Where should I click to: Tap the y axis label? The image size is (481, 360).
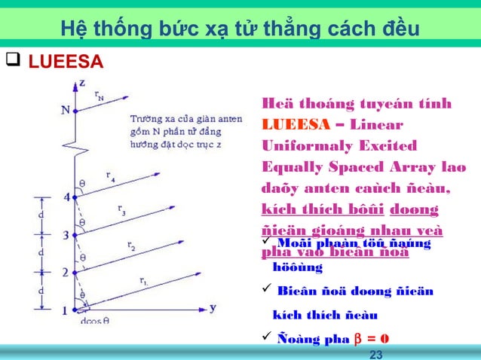click(x=214, y=307)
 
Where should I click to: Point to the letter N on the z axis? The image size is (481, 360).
click(x=66, y=109)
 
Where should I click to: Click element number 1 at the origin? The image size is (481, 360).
click(x=65, y=310)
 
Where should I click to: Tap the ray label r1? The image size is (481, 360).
click(x=143, y=281)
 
